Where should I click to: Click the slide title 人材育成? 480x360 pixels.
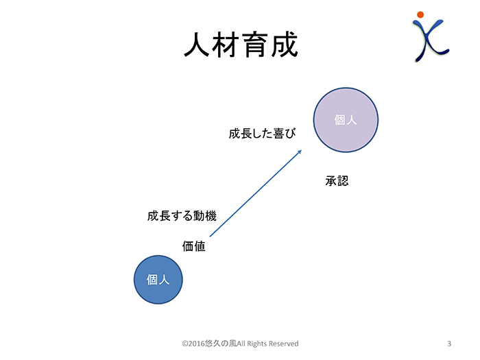tap(241, 45)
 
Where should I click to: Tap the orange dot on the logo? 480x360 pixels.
tap(420, 14)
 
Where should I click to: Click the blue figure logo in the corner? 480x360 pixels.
tap(430, 37)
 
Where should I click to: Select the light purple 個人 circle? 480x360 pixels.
tap(346, 120)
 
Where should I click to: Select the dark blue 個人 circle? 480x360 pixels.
tap(158, 280)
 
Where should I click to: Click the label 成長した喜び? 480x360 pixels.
tap(263, 134)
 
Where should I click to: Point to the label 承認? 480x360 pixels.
tap(337, 180)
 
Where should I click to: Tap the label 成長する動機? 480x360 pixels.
tap(182, 216)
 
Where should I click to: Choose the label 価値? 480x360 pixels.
tap(194, 246)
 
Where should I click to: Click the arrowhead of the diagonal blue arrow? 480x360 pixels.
tap(301, 151)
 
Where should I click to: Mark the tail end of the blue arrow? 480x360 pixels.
tap(210, 237)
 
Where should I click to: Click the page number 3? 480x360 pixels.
tap(449, 344)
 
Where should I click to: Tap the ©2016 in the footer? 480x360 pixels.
tap(193, 344)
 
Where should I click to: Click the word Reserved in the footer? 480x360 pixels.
tap(283, 344)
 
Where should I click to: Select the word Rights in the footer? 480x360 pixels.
tap(256, 344)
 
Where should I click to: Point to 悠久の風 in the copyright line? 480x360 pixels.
tap(221, 344)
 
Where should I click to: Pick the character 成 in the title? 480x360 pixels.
tap(285, 45)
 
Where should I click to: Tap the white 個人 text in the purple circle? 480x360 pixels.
tap(346, 120)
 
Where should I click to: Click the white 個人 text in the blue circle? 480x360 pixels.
tap(158, 280)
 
